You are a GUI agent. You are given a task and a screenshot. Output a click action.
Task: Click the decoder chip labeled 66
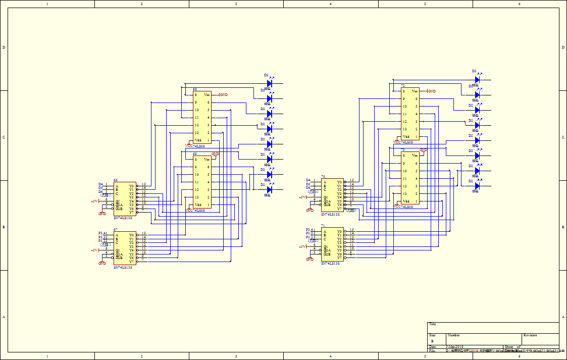coord(125,199)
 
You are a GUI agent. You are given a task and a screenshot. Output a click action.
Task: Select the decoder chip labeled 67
coord(125,248)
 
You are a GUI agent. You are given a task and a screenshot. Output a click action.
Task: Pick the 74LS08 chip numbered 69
coord(202,182)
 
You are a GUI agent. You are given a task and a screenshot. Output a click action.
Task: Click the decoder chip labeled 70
coord(332,195)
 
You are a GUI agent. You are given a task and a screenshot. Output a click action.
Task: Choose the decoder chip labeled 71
coord(332,244)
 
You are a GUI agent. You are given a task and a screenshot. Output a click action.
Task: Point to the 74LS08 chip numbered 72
coord(410,114)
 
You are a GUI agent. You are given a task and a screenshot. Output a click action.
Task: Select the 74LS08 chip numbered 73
coord(410,178)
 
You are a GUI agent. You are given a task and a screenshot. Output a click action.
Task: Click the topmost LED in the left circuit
coord(269,83)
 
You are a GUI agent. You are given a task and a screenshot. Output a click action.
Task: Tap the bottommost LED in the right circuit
coord(477,186)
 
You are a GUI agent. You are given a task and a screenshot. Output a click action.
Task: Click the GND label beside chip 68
coord(224,94)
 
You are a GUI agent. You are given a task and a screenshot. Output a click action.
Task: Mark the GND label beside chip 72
coord(432,91)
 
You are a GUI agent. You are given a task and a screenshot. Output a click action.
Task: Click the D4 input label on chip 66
coord(100,184)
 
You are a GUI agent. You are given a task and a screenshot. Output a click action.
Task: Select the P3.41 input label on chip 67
coord(103,233)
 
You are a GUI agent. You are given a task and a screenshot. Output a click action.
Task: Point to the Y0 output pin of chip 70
coord(340,181)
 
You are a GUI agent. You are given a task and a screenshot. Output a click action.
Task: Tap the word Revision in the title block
coord(530,335)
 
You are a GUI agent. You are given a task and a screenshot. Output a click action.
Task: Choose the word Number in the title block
coord(453,335)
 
